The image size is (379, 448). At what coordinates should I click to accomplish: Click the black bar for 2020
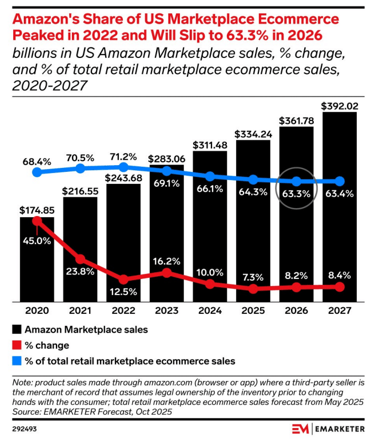tap(37, 260)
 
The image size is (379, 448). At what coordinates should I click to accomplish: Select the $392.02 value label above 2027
tap(339, 104)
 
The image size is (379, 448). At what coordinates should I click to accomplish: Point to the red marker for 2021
tap(80, 259)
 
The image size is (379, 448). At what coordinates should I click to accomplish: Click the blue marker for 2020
tap(37, 172)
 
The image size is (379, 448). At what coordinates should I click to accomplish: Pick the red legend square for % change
tap(17, 345)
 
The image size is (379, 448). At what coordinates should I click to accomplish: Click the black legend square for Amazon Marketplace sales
tap(17, 330)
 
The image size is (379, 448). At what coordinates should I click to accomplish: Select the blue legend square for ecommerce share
tap(17, 361)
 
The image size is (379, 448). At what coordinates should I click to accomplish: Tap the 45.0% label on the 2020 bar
tap(37, 240)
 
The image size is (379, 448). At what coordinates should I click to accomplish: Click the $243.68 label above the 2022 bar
tap(123, 177)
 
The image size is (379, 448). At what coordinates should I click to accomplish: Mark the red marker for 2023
tap(167, 272)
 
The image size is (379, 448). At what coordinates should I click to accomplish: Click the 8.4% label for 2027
tap(339, 275)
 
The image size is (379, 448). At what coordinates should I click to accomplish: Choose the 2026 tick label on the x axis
tap(297, 311)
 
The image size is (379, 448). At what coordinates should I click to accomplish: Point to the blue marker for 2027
tap(339, 181)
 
